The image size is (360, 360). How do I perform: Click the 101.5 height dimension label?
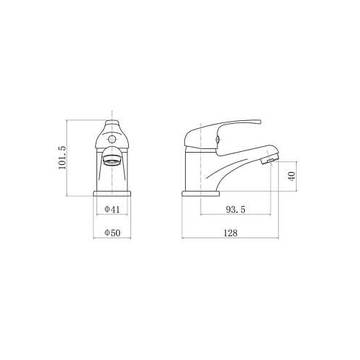[62, 158]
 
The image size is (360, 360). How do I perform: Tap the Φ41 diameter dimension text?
[112, 210]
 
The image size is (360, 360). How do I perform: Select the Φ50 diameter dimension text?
[112, 233]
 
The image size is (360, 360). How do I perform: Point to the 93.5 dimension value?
[235, 210]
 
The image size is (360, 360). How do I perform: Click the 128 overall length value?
[230, 233]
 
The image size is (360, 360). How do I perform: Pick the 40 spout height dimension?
[292, 176]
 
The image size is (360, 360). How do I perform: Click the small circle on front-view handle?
[112, 139]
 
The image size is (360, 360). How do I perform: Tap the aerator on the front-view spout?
[112, 160]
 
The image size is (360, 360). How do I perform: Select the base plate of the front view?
[112, 194]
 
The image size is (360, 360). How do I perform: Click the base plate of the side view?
[201, 194]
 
